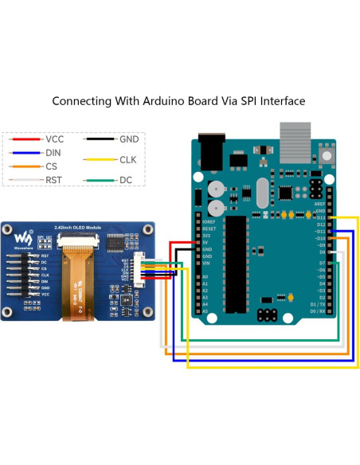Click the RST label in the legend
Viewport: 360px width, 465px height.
[x=54, y=180]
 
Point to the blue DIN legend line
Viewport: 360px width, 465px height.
[x=26, y=153]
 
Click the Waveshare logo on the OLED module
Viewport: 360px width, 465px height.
[x=26, y=238]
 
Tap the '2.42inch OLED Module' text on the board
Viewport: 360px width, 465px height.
[x=80, y=228]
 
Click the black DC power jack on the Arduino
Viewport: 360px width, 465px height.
[x=211, y=151]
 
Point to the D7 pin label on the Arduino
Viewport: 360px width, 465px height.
[x=321, y=262]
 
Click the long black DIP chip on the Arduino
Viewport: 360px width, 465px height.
[x=236, y=259]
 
